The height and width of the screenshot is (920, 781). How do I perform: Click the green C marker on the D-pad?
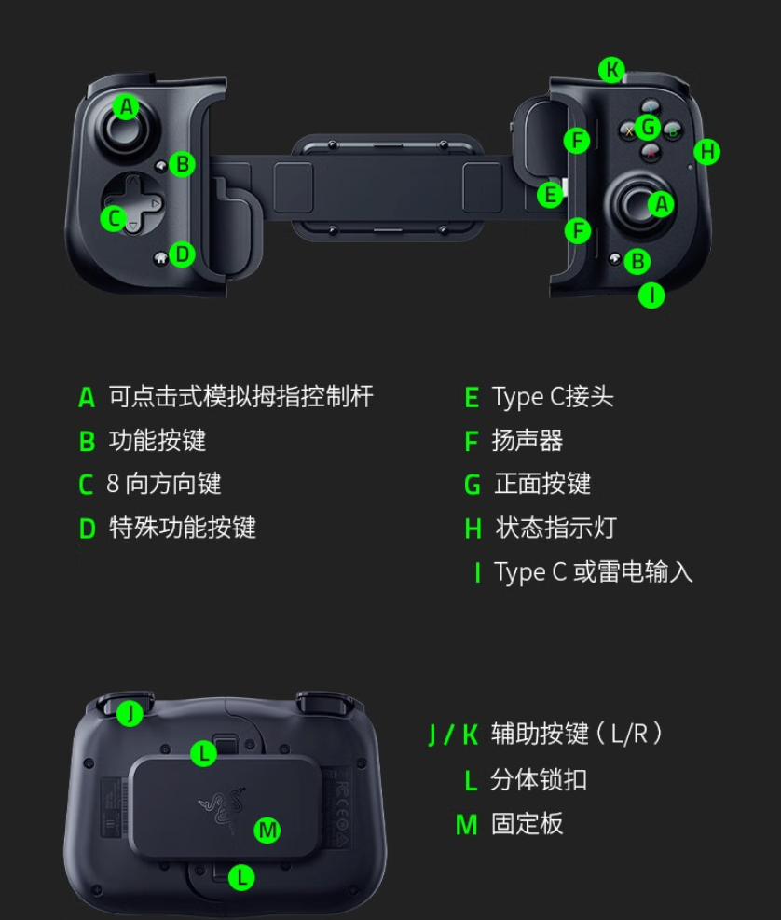114,219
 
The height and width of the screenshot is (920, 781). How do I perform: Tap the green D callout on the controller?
182,254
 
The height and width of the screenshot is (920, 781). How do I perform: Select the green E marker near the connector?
551,194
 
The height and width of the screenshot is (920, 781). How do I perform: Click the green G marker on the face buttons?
648,127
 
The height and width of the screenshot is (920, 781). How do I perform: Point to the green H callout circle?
707,152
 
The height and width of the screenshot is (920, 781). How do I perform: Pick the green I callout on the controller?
651,295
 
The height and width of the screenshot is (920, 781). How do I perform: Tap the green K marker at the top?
612,70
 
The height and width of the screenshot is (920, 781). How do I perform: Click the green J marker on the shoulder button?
130,713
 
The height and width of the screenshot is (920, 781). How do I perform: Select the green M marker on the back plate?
267,830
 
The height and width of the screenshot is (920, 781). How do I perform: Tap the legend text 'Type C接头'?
553,397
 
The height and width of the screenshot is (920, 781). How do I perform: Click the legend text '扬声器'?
527,441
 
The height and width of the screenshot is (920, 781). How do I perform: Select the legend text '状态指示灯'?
555,528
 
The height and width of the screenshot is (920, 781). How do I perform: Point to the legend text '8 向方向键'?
164,484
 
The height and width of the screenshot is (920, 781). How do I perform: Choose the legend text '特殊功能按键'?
183,528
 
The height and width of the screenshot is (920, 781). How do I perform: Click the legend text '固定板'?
527,824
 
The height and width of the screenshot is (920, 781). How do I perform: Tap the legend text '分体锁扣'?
539,780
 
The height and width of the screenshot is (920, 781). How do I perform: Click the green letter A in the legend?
87,397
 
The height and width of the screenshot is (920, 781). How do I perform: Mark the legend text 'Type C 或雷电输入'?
594,571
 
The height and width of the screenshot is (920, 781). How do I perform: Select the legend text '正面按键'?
542,484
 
